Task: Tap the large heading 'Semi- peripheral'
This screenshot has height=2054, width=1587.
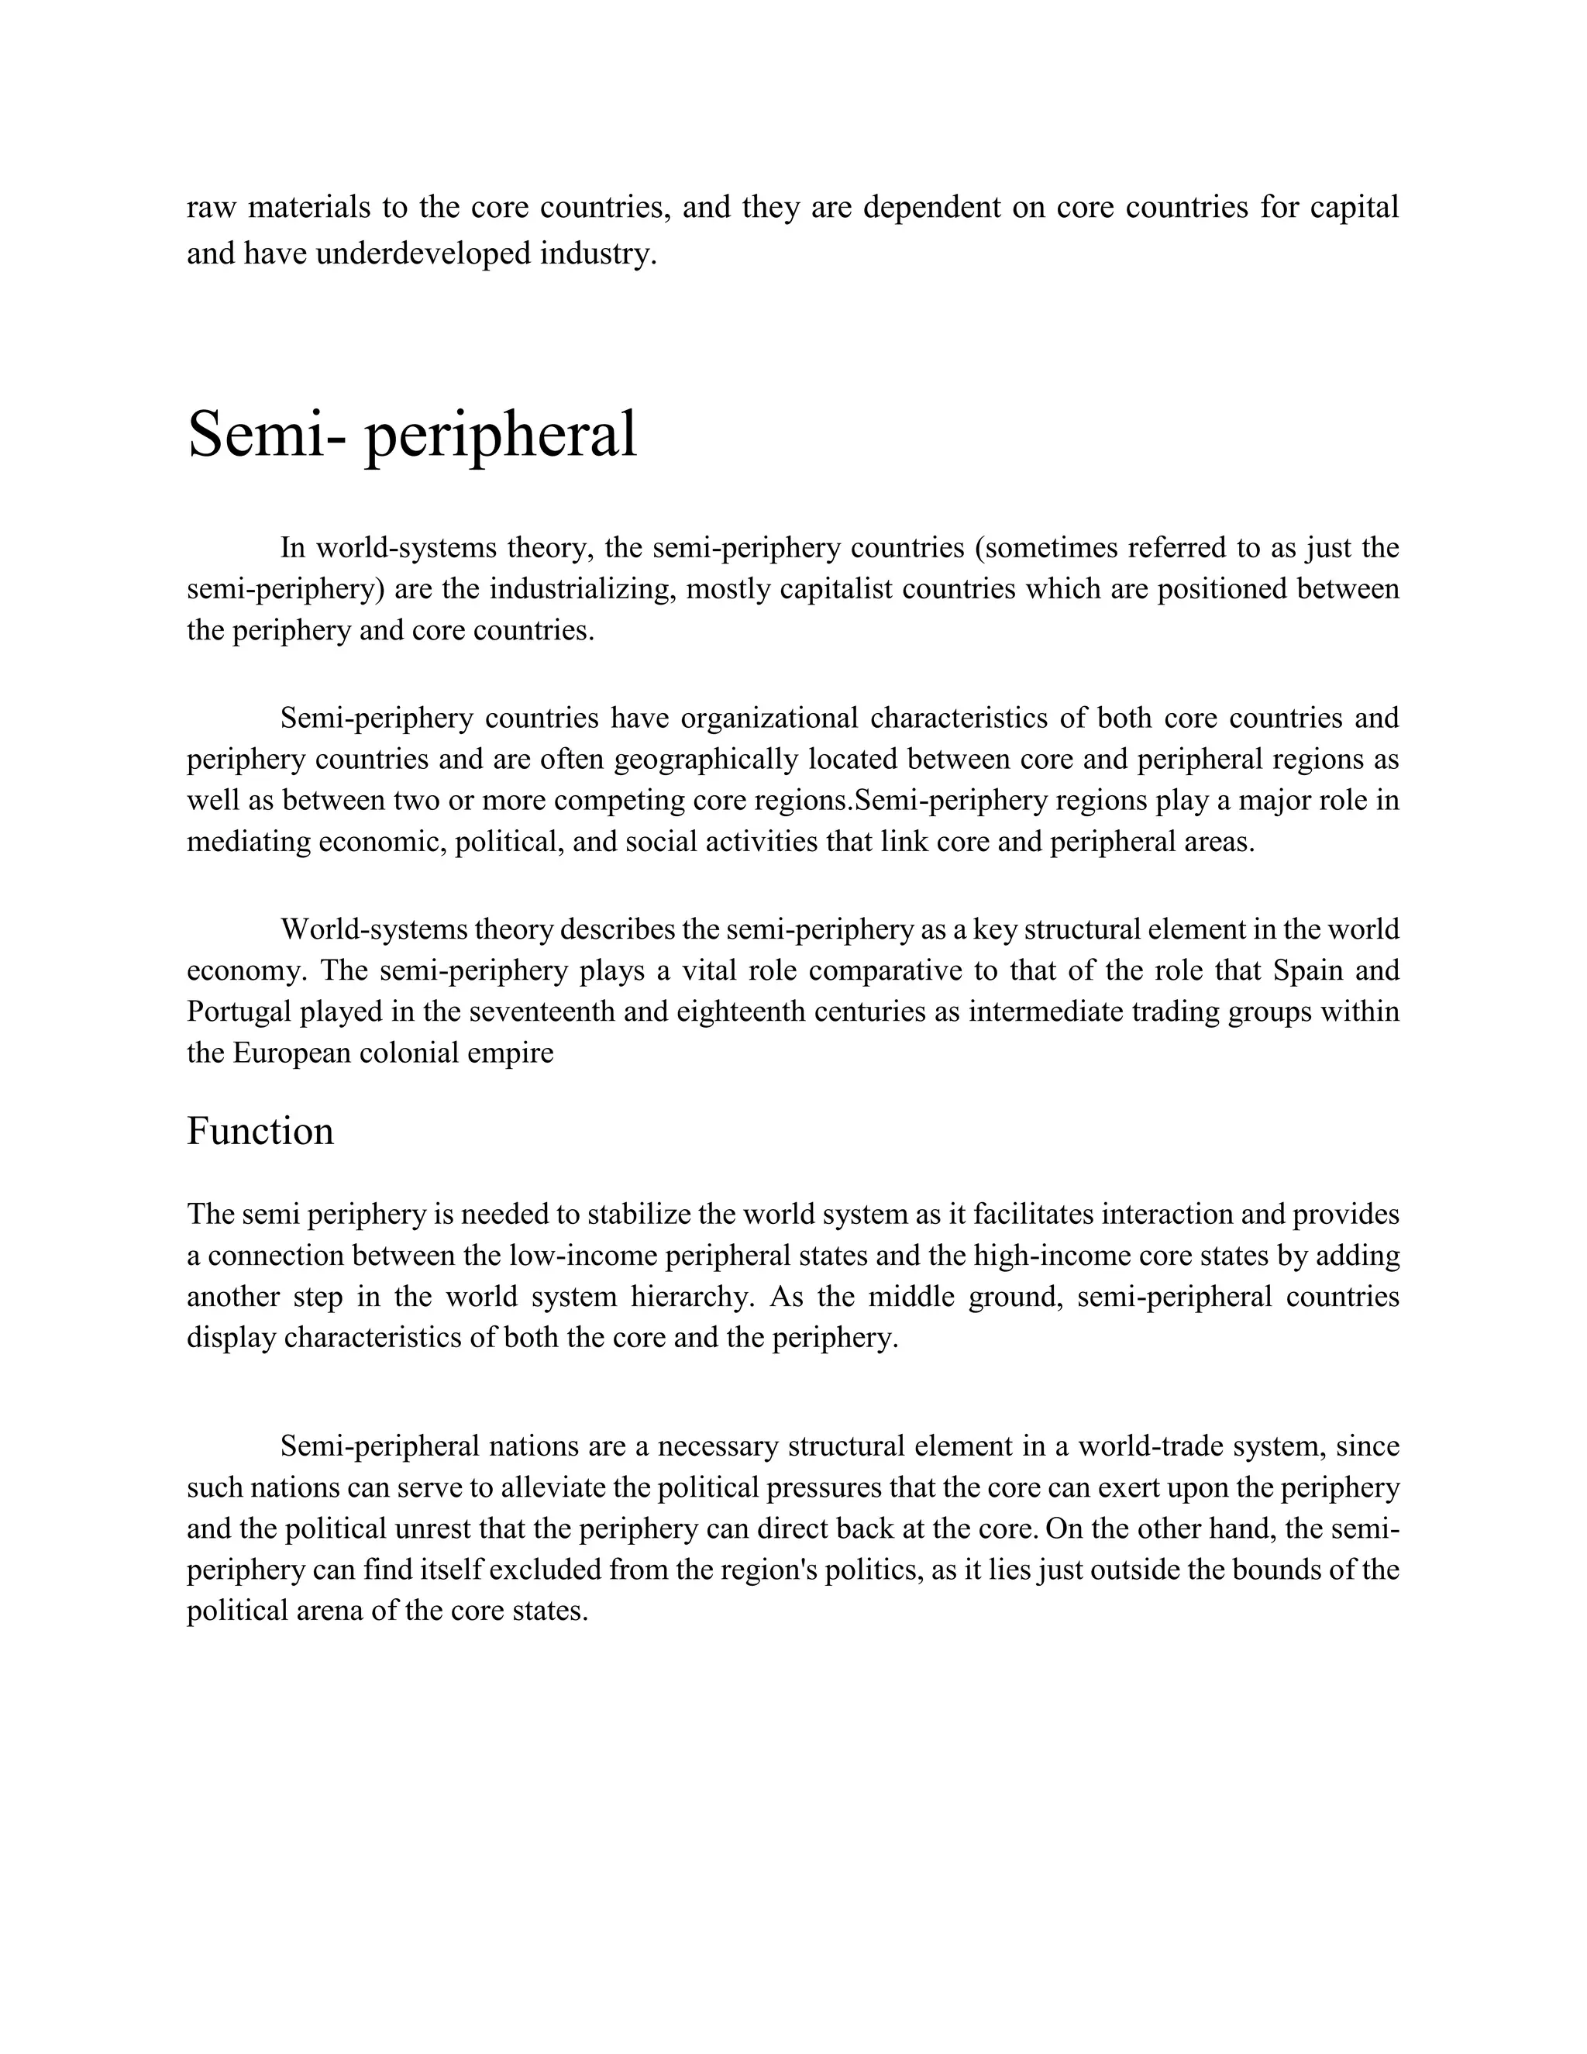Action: point(411,435)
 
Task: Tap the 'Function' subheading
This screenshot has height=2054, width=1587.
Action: point(260,1132)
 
